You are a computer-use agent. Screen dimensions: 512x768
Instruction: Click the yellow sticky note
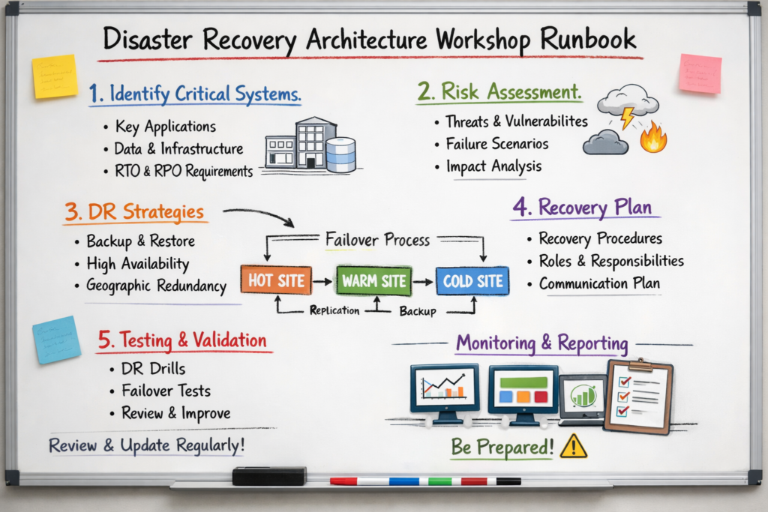point(55,76)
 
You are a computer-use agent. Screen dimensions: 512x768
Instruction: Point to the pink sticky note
point(700,73)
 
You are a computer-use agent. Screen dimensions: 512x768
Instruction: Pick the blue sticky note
point(56,339)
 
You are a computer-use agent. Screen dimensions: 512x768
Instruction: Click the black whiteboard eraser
point(268,475)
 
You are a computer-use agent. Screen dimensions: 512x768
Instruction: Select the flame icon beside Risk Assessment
point(653,138)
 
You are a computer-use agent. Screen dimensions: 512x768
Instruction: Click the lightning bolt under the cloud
point(626,118)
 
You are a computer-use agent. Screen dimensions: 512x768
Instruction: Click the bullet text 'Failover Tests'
point(166,391)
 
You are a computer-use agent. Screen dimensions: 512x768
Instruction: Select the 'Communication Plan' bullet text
point(599,283)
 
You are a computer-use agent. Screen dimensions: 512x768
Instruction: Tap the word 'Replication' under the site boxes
point(334,310)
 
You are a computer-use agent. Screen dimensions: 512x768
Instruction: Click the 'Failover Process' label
point(377,240)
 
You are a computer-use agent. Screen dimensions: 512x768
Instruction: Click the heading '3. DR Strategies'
point(134,211)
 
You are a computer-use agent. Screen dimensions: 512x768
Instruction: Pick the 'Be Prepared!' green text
point(502,448)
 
